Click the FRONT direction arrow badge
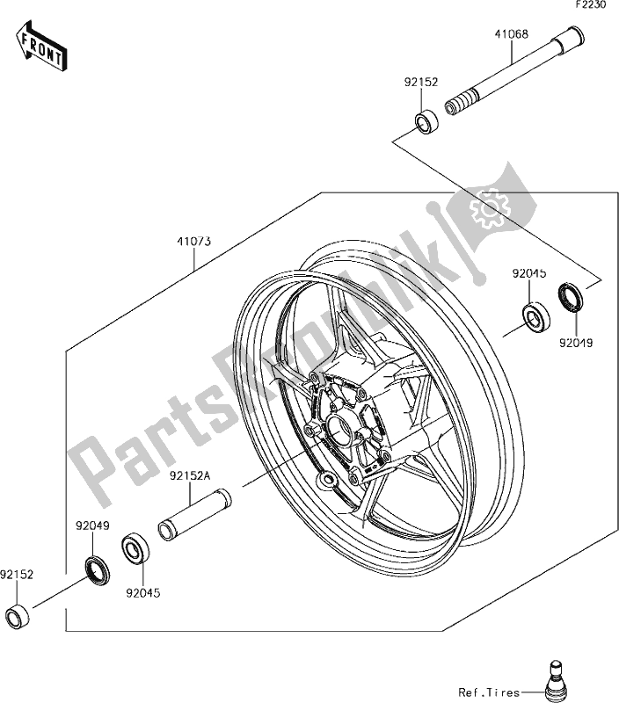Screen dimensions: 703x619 (x=40, y=47)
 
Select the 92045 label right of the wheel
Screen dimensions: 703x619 (x=529, y=273)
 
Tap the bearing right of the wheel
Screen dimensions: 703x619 (x=533, y=314)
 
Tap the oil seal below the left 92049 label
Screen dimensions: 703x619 (x=98, y=569)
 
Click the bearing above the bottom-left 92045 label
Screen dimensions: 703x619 (x=135, y=547)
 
